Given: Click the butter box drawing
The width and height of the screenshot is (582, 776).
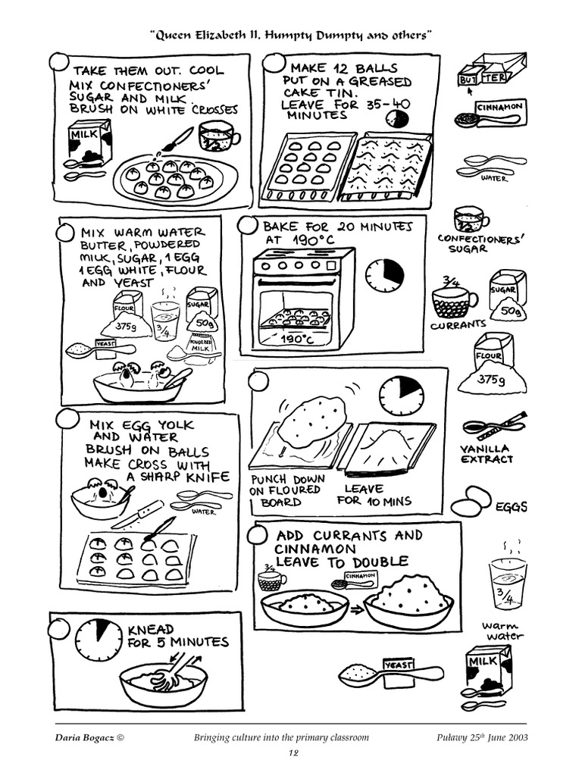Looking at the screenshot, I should point(491,71).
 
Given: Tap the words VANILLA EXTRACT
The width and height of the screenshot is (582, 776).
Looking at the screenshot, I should point(487,453).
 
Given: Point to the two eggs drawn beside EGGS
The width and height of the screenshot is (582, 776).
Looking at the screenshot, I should point(471,502).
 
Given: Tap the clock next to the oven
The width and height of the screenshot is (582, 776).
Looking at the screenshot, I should point(384,275).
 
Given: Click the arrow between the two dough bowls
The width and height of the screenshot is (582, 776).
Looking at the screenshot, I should point(355,607).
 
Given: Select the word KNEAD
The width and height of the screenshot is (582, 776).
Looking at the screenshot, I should point(150,629).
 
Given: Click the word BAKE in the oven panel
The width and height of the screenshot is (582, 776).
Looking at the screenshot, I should point(280,227).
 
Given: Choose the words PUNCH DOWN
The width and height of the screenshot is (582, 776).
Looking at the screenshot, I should point(286,479).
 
